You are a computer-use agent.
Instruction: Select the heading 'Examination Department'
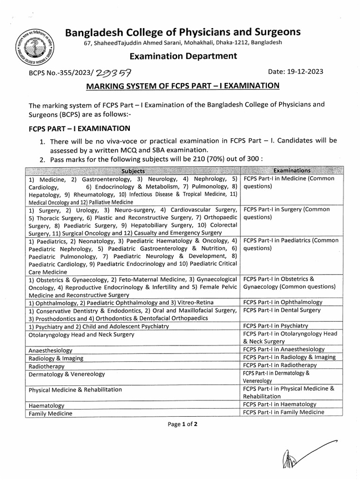pyautogui.click(x=184, y=56)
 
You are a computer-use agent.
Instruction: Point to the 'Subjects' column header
pyautogui.click(x=134, y=171)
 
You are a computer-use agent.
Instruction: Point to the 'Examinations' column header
pyautogui.click(x=292, y=171)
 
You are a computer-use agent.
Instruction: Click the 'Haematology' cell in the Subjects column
pyautogui.click(x=46, y=405)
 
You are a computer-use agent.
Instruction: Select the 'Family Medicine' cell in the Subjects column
pyautogui.click(x=51, y=414)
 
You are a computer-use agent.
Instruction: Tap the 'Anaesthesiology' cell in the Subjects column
pyautogui.click(x=51, y=351)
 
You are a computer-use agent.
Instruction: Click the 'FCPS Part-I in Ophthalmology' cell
pyautogui.click(x=286, y=302)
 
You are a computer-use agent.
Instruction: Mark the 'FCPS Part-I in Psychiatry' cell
pyautogui.click(x=279, y=326)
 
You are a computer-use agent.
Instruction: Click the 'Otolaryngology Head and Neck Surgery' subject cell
pyautogui.click(x=82, y=334)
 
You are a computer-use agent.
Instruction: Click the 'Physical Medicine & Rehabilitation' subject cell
pyautogui.click(x=75, y=390)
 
